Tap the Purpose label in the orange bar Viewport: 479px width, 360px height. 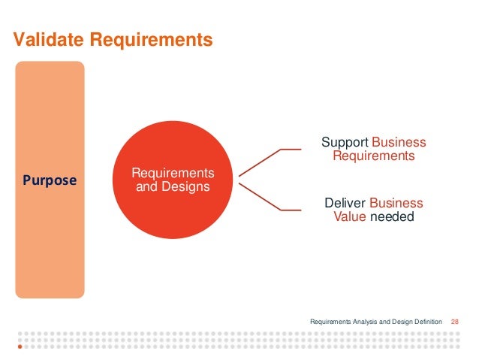pos(50,180)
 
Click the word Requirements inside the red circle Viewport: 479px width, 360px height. pos(173,174)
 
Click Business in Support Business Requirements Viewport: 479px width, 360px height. pos(399,143)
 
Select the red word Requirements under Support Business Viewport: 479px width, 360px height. pos(373,156)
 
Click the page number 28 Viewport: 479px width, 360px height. pos(454,322)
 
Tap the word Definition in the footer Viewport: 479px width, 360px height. pos(428,322)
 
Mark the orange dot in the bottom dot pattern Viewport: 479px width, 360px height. pos(20,348)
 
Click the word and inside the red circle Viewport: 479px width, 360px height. pos(144,186)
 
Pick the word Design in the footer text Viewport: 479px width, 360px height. pos(400,322)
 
